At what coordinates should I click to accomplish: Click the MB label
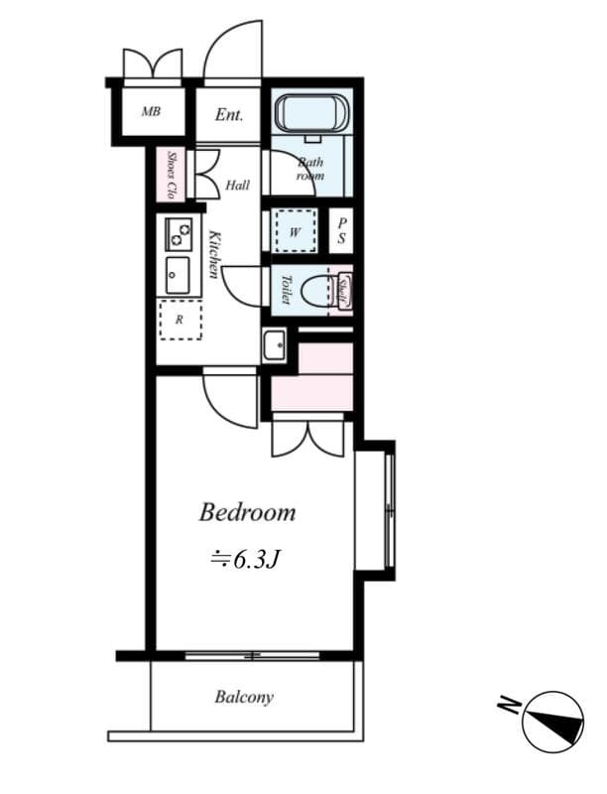click(x=150, y=111)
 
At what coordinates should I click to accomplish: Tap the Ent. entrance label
click(x=229, y=114)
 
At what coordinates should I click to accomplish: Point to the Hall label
click(x=237, y=185)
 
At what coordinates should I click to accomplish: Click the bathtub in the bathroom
click(x=310, y=113)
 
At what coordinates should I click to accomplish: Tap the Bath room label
click(x=310, y=169)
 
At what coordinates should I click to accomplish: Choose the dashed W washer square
click(x=295, y=231)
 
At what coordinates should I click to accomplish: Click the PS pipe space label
click(x=340, y=231)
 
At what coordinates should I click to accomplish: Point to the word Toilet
click(x=286, y=290)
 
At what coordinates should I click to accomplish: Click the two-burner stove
click(x=180, y=234)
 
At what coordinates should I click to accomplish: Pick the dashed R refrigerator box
click(x=180, y=320)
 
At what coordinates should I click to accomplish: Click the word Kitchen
click(x=213, y=253)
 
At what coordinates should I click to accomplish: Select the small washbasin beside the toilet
click(x=274, y=345)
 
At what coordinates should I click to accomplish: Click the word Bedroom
click(x=247, y=512)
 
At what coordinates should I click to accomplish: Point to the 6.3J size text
click(x=247, y=560)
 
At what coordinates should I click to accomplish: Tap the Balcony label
click(x=244, y=697)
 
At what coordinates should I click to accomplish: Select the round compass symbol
click(x=552, y=722)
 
